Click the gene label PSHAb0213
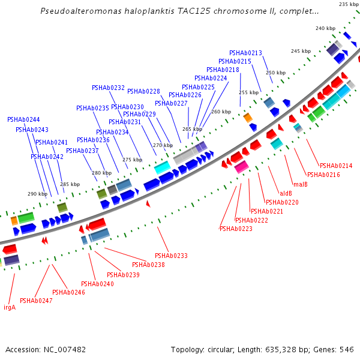click(x=245, y=53)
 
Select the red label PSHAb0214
click(x=336, y=166)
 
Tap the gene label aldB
click(x=286, y=193)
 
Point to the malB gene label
click(x=300, y=184)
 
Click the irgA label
click(x=10, y=307)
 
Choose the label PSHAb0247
click(x=36, y=301)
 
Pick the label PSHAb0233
click(x=171, y=256)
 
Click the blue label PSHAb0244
click(x=23, y=119)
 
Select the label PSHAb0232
click(x=108, y=88)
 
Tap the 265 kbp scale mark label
click(x=192, y=129)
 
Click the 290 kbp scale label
click(x=37, y=194)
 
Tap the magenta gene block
click(x=241, y=167)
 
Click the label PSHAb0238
click(x=148, y=265)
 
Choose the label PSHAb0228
click(x=143, y=91)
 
